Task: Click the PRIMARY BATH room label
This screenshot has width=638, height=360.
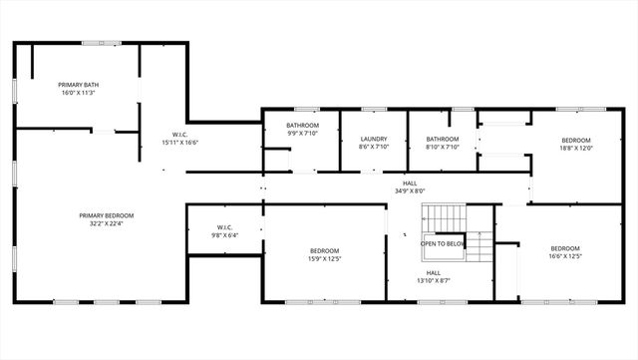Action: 77,85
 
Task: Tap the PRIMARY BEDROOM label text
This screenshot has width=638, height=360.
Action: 107,215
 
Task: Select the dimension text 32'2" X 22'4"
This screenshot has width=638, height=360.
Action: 107,224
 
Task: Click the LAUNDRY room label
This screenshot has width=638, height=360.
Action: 374,140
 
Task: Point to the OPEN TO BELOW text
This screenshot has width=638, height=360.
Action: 443,243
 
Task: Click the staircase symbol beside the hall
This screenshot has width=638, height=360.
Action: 443,216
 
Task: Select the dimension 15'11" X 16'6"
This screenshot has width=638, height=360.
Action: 180,143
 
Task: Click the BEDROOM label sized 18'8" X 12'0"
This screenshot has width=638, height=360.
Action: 576,140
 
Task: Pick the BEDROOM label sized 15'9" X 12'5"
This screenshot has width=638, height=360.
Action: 325,250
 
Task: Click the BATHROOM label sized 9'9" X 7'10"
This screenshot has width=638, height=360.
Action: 303,125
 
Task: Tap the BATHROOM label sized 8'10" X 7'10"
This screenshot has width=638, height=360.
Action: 442,140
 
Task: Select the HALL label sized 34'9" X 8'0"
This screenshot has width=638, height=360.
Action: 410,182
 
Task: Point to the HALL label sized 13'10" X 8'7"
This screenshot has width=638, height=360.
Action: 434,272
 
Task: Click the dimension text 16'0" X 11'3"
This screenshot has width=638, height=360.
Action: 77,94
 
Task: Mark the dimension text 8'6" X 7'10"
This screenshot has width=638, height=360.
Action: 374,148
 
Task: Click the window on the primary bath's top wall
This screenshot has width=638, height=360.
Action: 97,42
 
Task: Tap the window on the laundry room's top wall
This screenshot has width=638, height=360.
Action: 374,109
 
